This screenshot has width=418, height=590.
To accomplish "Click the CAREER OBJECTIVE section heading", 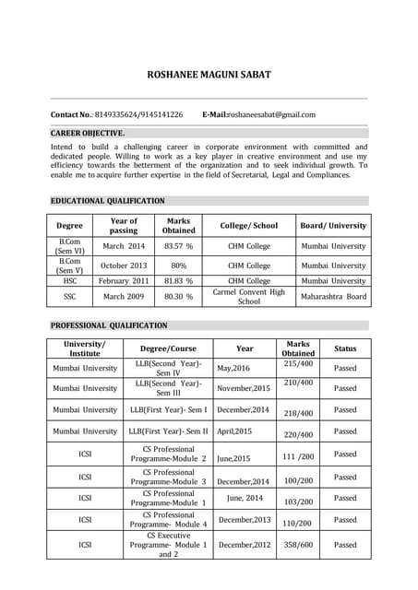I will (x=88, y=133).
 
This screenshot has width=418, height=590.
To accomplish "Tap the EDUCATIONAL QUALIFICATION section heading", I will (x=108, y=200).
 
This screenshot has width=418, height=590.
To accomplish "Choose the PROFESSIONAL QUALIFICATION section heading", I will (x=109, y=325).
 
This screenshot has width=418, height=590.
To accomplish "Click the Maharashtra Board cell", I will (x=333, y=297).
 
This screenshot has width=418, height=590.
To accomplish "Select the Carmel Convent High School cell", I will (x=248, y=297).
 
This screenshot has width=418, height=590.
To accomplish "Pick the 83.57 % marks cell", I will (x=178, y=247).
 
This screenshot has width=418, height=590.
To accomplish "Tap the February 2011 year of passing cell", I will (x=124, y=280).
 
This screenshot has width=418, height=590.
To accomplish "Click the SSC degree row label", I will (x=69, y=297).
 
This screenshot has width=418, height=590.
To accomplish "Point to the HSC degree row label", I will (x=69, y=280).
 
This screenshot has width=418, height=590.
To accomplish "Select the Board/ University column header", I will (x=333, y=225).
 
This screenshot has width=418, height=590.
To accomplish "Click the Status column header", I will (x=344, y=349).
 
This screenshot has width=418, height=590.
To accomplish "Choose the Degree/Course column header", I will (x=168, y=349).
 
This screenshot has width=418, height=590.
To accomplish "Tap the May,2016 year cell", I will (x=233, y=369).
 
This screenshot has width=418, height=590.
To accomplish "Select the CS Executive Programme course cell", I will (x=168, y=545).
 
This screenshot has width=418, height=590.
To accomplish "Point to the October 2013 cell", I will (x=124, y=265).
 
